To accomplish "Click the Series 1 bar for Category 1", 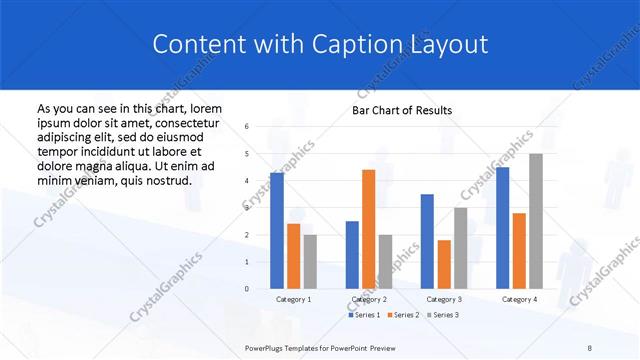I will click(277, 230).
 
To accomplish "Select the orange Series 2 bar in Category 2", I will click(368, 229).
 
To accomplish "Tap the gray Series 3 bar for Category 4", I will click(536, 221).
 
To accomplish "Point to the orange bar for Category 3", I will click(444, 264).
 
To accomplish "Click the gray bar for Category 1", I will click(310, 261).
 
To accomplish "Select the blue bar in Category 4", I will click(502, 228).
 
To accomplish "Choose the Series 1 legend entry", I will click(366, 315).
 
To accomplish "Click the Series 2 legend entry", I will click(403, 315).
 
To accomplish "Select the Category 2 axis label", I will click(369, 299).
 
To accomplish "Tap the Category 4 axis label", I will click(519, 299).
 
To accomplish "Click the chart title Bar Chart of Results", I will click(402, 110).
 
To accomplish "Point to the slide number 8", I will click(590, 345).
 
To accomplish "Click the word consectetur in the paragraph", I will click(185, 123).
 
